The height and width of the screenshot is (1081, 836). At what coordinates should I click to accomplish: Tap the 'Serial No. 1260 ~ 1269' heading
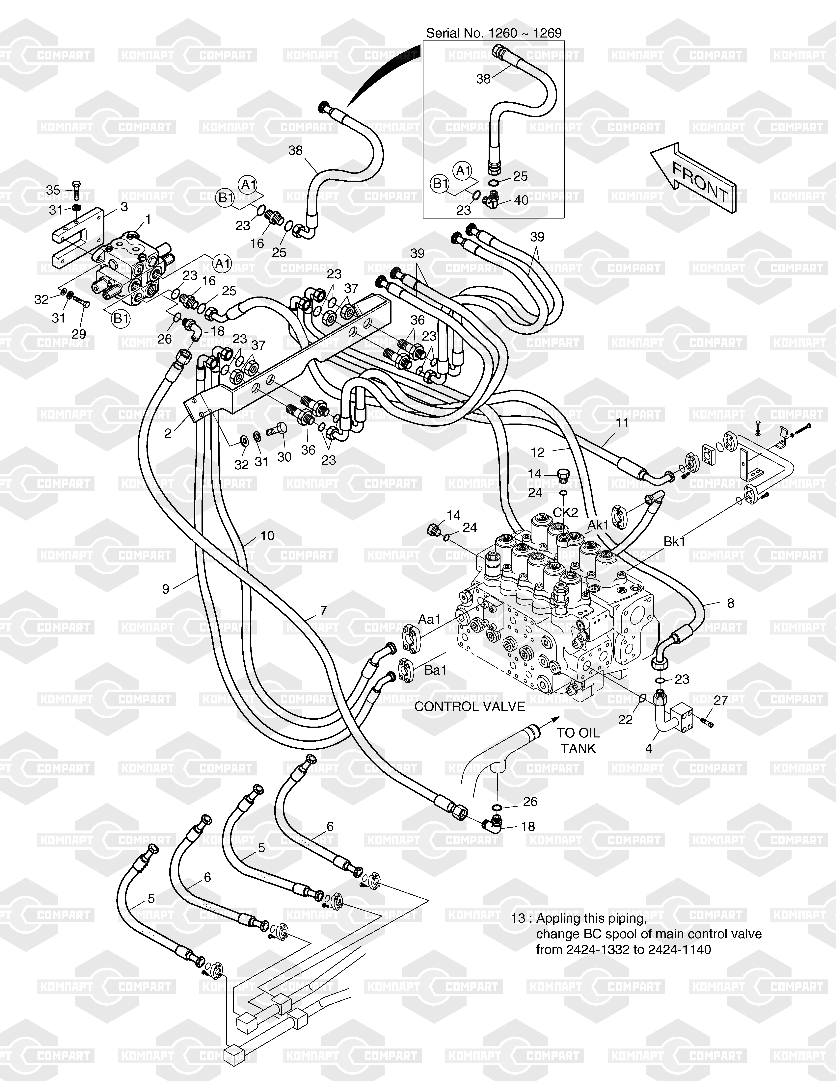tap(494, 33)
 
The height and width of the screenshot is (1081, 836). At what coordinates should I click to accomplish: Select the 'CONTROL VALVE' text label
tap(469, 706)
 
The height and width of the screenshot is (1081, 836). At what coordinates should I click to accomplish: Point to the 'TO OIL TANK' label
tap(578, 740)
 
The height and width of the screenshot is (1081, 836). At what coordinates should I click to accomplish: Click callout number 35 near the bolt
tap(53, 190)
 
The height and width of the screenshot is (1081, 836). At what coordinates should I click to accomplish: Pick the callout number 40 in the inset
tap(521, 200)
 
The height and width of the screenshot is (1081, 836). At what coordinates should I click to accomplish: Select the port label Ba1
tap(436, 670)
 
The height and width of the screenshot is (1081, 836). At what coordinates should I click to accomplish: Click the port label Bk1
tap(674, 541)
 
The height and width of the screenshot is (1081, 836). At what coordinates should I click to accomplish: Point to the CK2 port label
tap(565, 512)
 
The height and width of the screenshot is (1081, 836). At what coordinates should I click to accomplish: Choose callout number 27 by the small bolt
tap(721, 700)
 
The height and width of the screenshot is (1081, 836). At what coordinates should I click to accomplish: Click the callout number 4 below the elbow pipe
tap(649, 748)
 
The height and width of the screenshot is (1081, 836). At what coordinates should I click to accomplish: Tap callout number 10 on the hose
tap(267, 536)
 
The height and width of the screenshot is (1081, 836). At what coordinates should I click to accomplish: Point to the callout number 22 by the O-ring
tap(626, 719)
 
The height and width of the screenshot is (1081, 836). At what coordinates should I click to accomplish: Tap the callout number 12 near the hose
tap(537, 452)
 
